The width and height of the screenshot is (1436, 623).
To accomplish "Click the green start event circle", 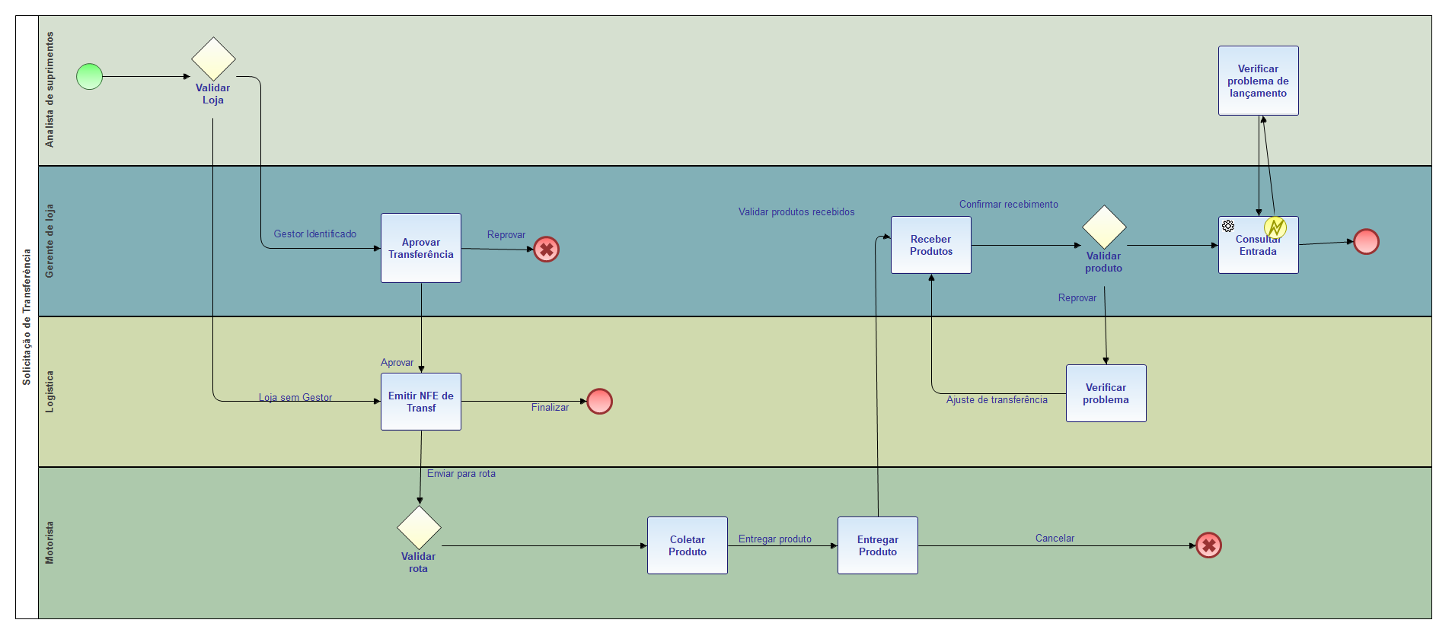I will click(89, 76).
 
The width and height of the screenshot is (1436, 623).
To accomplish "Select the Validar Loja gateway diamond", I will click(213, 59).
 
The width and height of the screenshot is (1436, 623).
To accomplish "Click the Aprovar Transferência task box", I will click(420, 248).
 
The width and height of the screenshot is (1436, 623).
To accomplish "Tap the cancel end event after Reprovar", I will click(546, 250).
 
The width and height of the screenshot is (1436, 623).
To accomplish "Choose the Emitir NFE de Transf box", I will click(420, 402).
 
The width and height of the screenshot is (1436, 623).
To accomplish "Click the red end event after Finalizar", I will click(599, 401).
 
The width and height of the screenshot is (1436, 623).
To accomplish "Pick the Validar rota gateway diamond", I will click(419, 527).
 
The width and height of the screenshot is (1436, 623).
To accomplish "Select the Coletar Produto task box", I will click(687, 545).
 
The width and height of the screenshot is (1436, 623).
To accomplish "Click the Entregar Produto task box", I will click(877, 545).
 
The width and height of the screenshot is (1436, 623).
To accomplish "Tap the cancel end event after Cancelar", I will click(1208, 545).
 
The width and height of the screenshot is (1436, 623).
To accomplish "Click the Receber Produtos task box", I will click(930, 245).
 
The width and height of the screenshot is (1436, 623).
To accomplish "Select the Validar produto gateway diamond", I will click(1104, 227).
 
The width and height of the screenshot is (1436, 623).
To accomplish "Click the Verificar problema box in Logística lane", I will click(1106, 393).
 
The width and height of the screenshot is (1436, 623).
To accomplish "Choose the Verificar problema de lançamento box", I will click(1258, 81).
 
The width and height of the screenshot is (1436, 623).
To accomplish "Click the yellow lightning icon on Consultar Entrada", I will click(1275, 227).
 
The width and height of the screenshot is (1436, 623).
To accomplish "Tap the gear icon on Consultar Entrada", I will click(1228, 226).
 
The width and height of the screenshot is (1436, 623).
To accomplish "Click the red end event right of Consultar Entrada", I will click(1366, 242).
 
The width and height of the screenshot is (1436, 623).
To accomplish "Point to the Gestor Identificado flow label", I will click(315, 234).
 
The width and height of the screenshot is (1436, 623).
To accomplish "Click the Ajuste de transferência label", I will click(997, 400).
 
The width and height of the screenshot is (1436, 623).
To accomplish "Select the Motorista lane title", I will click(49, 542).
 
